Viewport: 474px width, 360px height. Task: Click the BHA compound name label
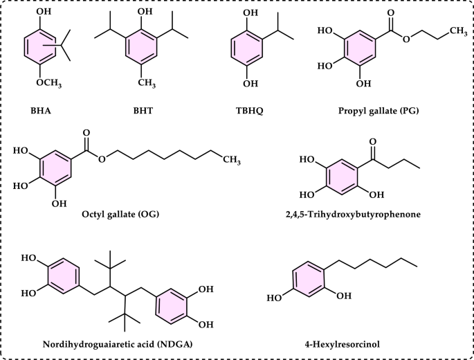point(43,109)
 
